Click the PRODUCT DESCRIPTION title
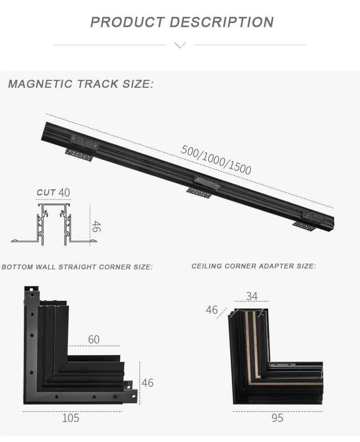point(182,22)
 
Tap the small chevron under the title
point(180,45)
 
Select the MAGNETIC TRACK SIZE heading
point(81,84)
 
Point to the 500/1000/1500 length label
point(216,160)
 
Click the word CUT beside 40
point(46,192)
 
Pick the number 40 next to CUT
point(64,192)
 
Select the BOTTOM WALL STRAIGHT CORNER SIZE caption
point(77,267)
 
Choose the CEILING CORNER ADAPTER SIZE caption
point(253,266)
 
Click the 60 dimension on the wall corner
point(93,339)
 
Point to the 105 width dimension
point(71,418)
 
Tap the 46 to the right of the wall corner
point(147,382)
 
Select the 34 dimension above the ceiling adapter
point(252,296)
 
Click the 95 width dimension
point(277,418)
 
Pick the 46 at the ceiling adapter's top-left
point(211,310)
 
